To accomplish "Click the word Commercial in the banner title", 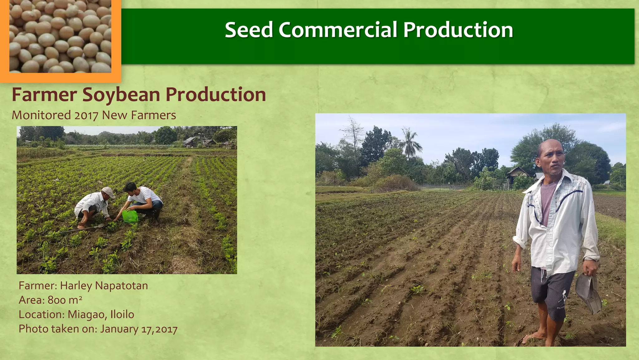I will (338, 30).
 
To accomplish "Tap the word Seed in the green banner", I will (249, 30).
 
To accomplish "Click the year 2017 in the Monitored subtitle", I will (86, 116).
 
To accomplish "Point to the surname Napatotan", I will (121, 286).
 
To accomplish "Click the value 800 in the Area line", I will (56, 300).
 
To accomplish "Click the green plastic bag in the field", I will (130, 216).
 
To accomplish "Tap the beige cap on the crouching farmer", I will (108, 191).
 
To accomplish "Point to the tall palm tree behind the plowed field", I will (409, 143).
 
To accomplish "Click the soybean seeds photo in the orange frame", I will (60, 36).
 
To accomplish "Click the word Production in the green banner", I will (458, 30).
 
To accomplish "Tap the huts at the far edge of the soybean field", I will (200, 142).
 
